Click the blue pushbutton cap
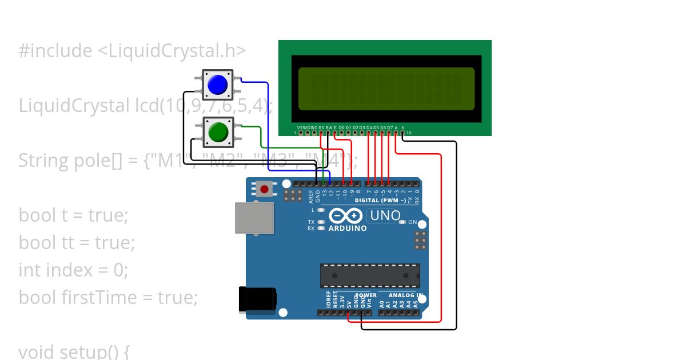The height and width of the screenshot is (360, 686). click(x=218, y=85)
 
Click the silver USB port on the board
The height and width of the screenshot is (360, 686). click(x=254, y=218)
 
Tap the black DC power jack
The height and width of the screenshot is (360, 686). click(x=257, y=299)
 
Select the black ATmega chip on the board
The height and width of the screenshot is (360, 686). click(x=370, y=275)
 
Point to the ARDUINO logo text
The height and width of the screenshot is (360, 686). click(x=347, y=228)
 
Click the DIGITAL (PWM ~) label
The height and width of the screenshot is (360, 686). click(x=380, y=201)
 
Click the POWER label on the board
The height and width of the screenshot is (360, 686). click(x=366, y=295)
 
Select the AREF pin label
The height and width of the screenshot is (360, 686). click(x=312, y=197)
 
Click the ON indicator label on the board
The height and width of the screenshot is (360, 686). click(x=412, y=222)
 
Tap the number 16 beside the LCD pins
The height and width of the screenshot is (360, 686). click(x=409, y=133)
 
